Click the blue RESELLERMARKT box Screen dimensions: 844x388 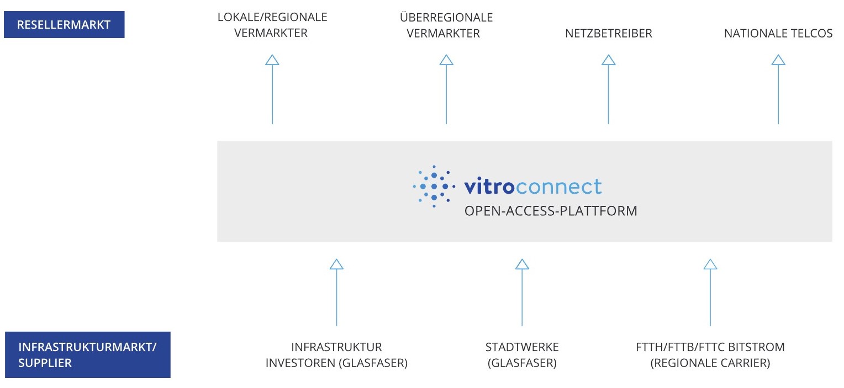(x=64, y=24)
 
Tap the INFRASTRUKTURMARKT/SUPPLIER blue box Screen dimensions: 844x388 (x=87, y=354)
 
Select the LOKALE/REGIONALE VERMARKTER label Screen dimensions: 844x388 (x=272, y=25)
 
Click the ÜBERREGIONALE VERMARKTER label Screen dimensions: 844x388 (x=446, y=25)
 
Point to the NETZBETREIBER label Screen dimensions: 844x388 (x=609, y=33)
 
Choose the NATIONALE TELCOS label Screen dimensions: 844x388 (x=778, y=33)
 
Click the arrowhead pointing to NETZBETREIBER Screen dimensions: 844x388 (x=609, y=60)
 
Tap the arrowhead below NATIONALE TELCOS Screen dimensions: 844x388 (x=778, y=60)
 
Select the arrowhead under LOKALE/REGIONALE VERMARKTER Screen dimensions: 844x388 (x=272, y=60)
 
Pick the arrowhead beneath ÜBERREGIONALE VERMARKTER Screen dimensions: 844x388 (x=446, y=60)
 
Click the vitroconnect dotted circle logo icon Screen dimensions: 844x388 (x=434, y=187)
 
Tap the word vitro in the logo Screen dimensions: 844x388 (x=489, y=186)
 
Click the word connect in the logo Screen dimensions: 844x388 (x=559, y=187)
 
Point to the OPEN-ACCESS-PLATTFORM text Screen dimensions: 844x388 (x=551, y=211)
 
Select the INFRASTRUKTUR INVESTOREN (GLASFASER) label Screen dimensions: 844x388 (x=336, y=354)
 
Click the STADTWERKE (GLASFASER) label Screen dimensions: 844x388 (x=522, y=354)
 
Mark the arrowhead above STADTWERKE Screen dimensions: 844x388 (x=522, y=264)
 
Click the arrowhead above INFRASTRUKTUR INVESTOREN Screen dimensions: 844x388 (x=336, y=264)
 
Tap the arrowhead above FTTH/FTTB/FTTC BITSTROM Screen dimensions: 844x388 (x=710, y=264)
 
